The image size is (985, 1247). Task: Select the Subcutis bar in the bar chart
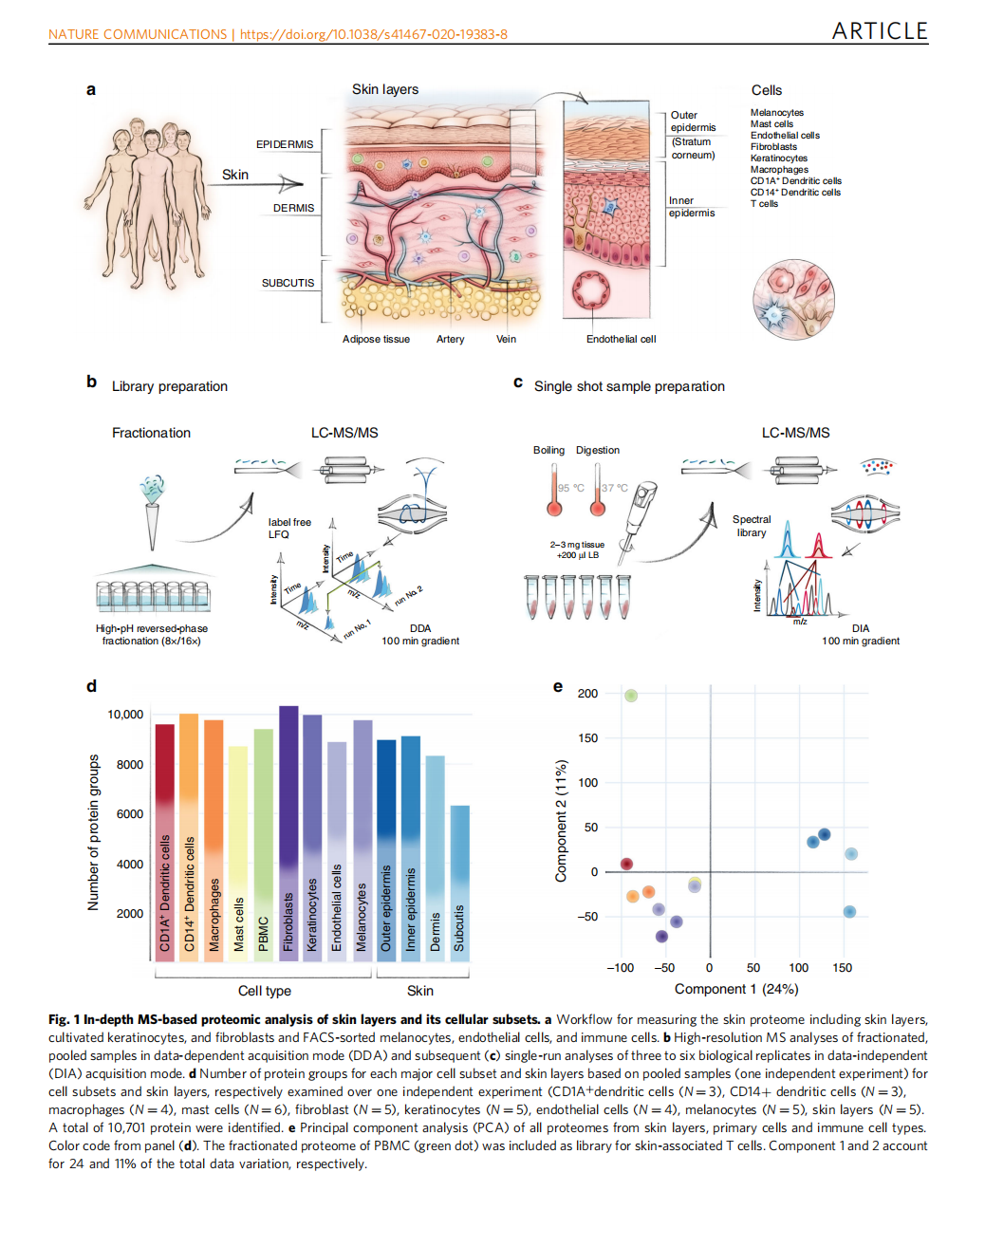[x=459, y=883]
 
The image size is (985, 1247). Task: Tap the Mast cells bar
[x=238, y=853]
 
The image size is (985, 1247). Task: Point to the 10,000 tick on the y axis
[x=125, y=715]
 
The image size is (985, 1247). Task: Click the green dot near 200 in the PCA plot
[x=631, y=696]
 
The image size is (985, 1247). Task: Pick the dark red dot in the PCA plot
[x=626, y=864]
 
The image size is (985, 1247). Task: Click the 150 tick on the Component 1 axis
[x=842, y=968]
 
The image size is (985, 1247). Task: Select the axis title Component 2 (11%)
[x=561, y=821]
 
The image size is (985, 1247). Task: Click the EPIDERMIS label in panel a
[x=284, y=144]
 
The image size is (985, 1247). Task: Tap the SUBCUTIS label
[x=288, y=283]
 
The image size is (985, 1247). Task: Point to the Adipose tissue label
[x=376, y=339]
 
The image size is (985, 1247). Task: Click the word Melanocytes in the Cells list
[x=776, y=113]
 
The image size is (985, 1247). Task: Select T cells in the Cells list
[x=764, y=204]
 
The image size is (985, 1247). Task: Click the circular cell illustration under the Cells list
[x=793, y=300]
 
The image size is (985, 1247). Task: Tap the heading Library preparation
[x=170, y=386]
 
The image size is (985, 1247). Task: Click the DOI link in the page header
[x=373, y=34]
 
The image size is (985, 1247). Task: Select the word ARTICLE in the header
[x=880, y=31]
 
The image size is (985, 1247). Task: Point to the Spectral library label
[x=752, y=526]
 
